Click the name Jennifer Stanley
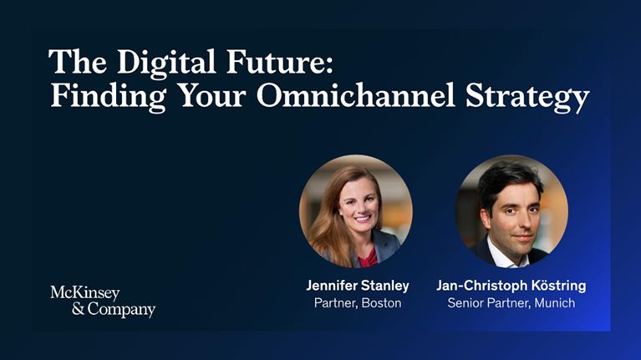pyautogui.click(x=357, y=286)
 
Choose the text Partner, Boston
pyautogui.click(x=357, y=303)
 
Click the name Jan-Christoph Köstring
pyautogui.click(x=511, y=286)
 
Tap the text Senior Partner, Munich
pyautogui.click(x=511, y=303)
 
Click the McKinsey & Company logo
pyautogui.click(x=102, y=301)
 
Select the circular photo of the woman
pyautogui.click(x=356, y=211)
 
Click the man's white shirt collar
pyautogui.click(x=501, y=255)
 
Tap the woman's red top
pyautogui.click(x=368, y=256)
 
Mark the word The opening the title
pyautogui.click(x=69, y=63)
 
